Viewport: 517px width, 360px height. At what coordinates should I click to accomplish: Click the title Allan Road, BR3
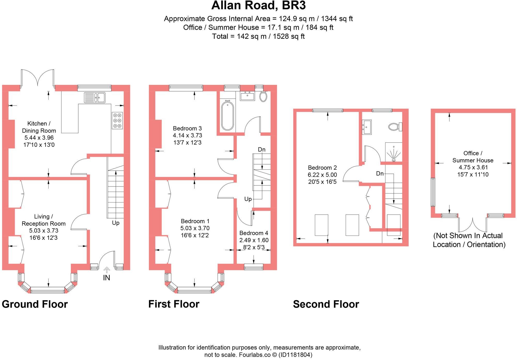[x=258, y=6]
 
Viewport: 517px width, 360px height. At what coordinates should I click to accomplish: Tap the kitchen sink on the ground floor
[x=95, y=97]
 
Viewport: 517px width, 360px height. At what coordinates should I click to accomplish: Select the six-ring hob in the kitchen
[x=117, y=121]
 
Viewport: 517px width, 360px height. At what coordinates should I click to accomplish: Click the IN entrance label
[x=107, y=278]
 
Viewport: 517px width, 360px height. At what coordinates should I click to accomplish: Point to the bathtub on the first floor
[x=227, y=116]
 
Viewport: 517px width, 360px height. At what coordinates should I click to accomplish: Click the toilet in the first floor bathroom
[x=263, y=96]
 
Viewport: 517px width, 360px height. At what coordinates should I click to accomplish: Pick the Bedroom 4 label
[x=254, y=233]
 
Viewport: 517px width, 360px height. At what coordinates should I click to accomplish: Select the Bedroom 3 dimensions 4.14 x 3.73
[x=187, y=135]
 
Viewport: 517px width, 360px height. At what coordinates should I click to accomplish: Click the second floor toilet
[x=395, y=127]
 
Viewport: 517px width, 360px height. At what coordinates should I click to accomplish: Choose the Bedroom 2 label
[x=322, y=168]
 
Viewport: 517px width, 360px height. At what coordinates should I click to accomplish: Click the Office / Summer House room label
[x=473, y=157]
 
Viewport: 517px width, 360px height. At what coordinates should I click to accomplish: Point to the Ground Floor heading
[x=35, y=304]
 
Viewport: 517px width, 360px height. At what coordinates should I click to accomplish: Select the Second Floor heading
[x=326, y=304]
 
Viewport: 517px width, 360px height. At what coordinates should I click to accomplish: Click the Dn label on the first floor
[x=262, y=149]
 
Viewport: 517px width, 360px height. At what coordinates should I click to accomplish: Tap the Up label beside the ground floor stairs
[x=116, y=223]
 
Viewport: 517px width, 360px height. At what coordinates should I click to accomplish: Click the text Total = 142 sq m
[x=258, y=36]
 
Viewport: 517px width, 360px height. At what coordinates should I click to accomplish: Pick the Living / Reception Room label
[x=43, y=220]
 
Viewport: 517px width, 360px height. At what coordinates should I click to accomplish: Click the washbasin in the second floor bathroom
[x=367, y=127]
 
